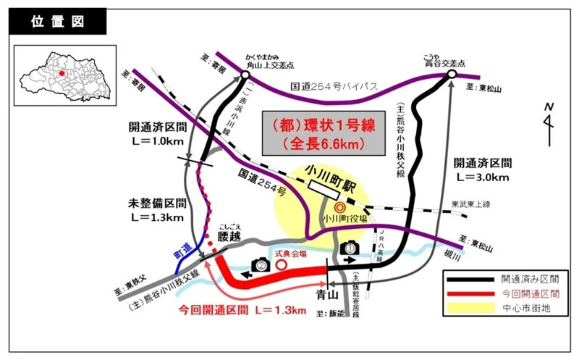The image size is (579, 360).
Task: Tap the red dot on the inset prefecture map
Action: tap(62, 72)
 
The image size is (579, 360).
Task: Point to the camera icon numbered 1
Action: tap(349, 248)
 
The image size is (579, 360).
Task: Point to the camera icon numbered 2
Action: tap(260, 267)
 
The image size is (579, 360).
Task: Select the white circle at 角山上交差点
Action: tap(245, 75)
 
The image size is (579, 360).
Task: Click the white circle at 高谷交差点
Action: tap(452, 74)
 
